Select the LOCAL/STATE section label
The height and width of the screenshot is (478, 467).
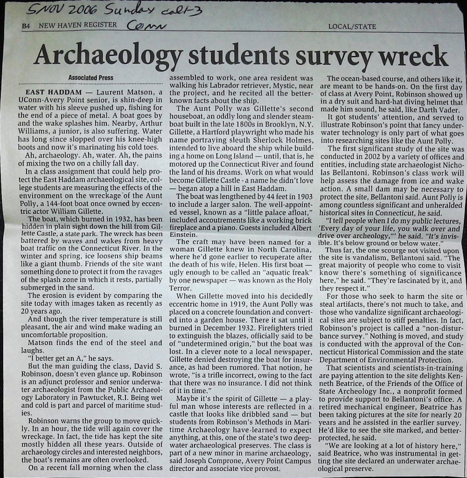[352, 26]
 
